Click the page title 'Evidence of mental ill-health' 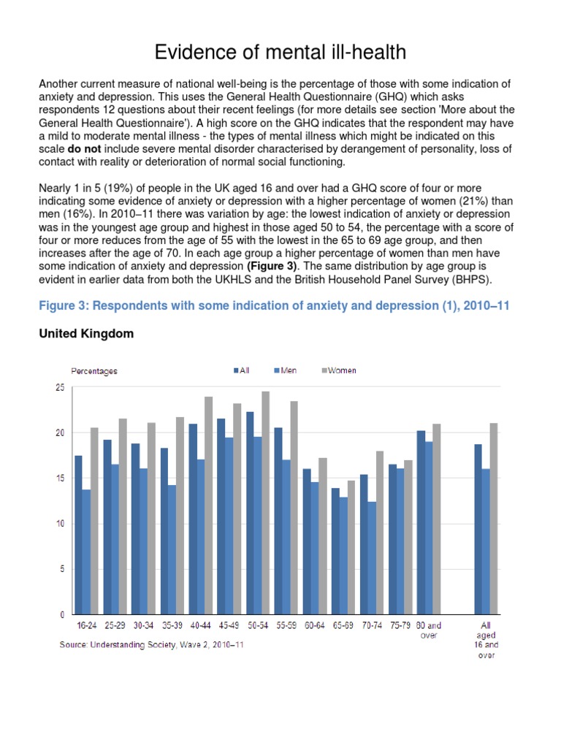(x=280, y=53)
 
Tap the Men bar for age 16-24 (x=87, y=552)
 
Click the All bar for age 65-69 (x=335, y=551)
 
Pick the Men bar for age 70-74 (x=373, y=557)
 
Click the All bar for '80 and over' (x=421, y=522)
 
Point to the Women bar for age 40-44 (x=208, y=505)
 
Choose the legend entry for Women (x=339, y=370)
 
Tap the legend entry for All (x=242, y=370)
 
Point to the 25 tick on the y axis (x=60, y=387)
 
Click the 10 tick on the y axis (x=60, y=523)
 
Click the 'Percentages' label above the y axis (x=93, y=371)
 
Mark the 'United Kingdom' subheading (x=86, y=333)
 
